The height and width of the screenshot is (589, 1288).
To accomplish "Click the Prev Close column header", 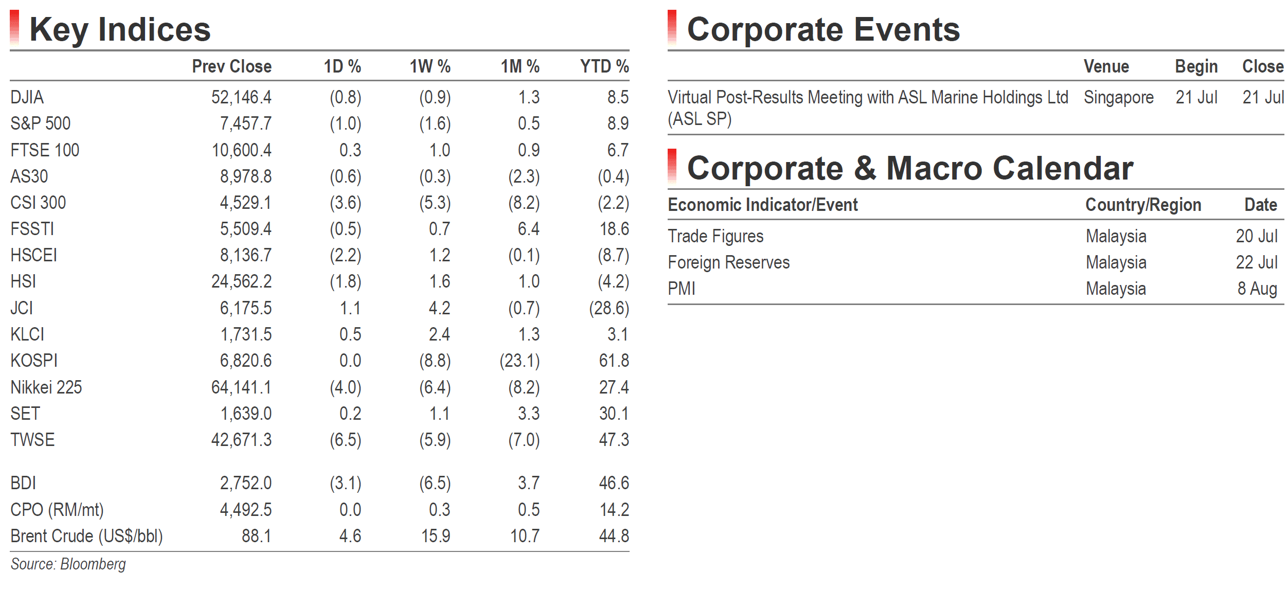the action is pyautogui.click(x=231, y=66).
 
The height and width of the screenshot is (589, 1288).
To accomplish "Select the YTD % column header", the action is pyautogui.click(x=604, y=66).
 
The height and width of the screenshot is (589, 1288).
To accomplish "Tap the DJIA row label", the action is pyautogui.click(x=27, y=97).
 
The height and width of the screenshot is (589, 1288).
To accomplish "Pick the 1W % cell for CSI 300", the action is pyautogui.click(x=435, y=203).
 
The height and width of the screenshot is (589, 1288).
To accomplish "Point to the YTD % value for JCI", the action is pyautogui.click(x=609, y=308).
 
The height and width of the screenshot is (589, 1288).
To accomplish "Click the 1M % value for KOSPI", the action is pyautogui.click(x=520, y=361).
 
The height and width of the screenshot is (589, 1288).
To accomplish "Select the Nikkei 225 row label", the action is pyautogui.click(x=46, y=387).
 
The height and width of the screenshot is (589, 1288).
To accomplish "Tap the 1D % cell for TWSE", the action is pyautogui.click(x=346, y=440).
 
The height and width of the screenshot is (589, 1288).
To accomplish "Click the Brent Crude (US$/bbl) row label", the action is pyautogui.click(x=86, y=536).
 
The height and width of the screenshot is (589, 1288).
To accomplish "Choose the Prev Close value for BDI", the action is pyautogui.click(x=246, y=483).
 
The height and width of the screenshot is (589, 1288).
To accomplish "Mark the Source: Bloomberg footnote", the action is pyautogui.click(x=68, y=564).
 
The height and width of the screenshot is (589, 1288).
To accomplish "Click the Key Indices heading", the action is pyautogui.click(x=120, y=29).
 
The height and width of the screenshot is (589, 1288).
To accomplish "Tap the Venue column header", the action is pyautogui.click(x=1106, y=66).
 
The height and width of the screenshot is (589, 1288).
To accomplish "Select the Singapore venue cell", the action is pyautogui.click(x=1119, y=98).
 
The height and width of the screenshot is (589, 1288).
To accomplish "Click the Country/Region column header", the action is pyautogui.click(x=1143, y=205).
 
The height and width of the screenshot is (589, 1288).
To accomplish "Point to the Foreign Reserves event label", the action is pyautogui.click(x=728, y=263).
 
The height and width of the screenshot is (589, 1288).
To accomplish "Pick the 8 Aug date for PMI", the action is pyautogui.click(x=1257, y=289).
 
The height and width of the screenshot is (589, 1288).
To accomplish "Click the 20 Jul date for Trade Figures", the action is pyautogui.click(x=1257, y=236).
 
